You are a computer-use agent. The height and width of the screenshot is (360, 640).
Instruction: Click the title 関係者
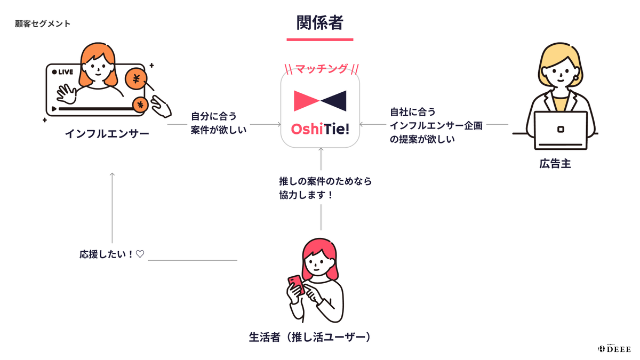[320, 22]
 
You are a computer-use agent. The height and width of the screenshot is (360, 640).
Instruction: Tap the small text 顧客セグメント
[43, 24]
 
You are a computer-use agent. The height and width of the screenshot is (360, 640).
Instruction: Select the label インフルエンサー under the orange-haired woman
[107, 133]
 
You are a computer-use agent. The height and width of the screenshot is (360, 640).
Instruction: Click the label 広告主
[555, 164]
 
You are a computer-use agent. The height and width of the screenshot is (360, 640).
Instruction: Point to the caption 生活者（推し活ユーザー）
[310, 337]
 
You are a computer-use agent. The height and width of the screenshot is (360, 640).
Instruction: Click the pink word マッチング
[321, 69]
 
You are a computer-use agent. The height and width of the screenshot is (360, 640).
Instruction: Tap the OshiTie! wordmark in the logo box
[320, 129]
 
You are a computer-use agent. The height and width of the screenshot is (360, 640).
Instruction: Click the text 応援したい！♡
[111, 254]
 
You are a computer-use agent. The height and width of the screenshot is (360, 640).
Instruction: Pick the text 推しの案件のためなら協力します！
[325, 188]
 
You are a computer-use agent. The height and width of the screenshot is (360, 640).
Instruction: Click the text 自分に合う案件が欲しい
[219, 122]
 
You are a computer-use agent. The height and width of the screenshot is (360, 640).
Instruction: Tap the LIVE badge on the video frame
[63, 72]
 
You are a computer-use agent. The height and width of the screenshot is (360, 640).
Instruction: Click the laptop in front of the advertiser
[561, 130]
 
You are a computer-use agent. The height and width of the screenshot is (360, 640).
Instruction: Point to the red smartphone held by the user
[295, 285]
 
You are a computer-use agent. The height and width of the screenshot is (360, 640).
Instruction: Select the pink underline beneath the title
[320, 39]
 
